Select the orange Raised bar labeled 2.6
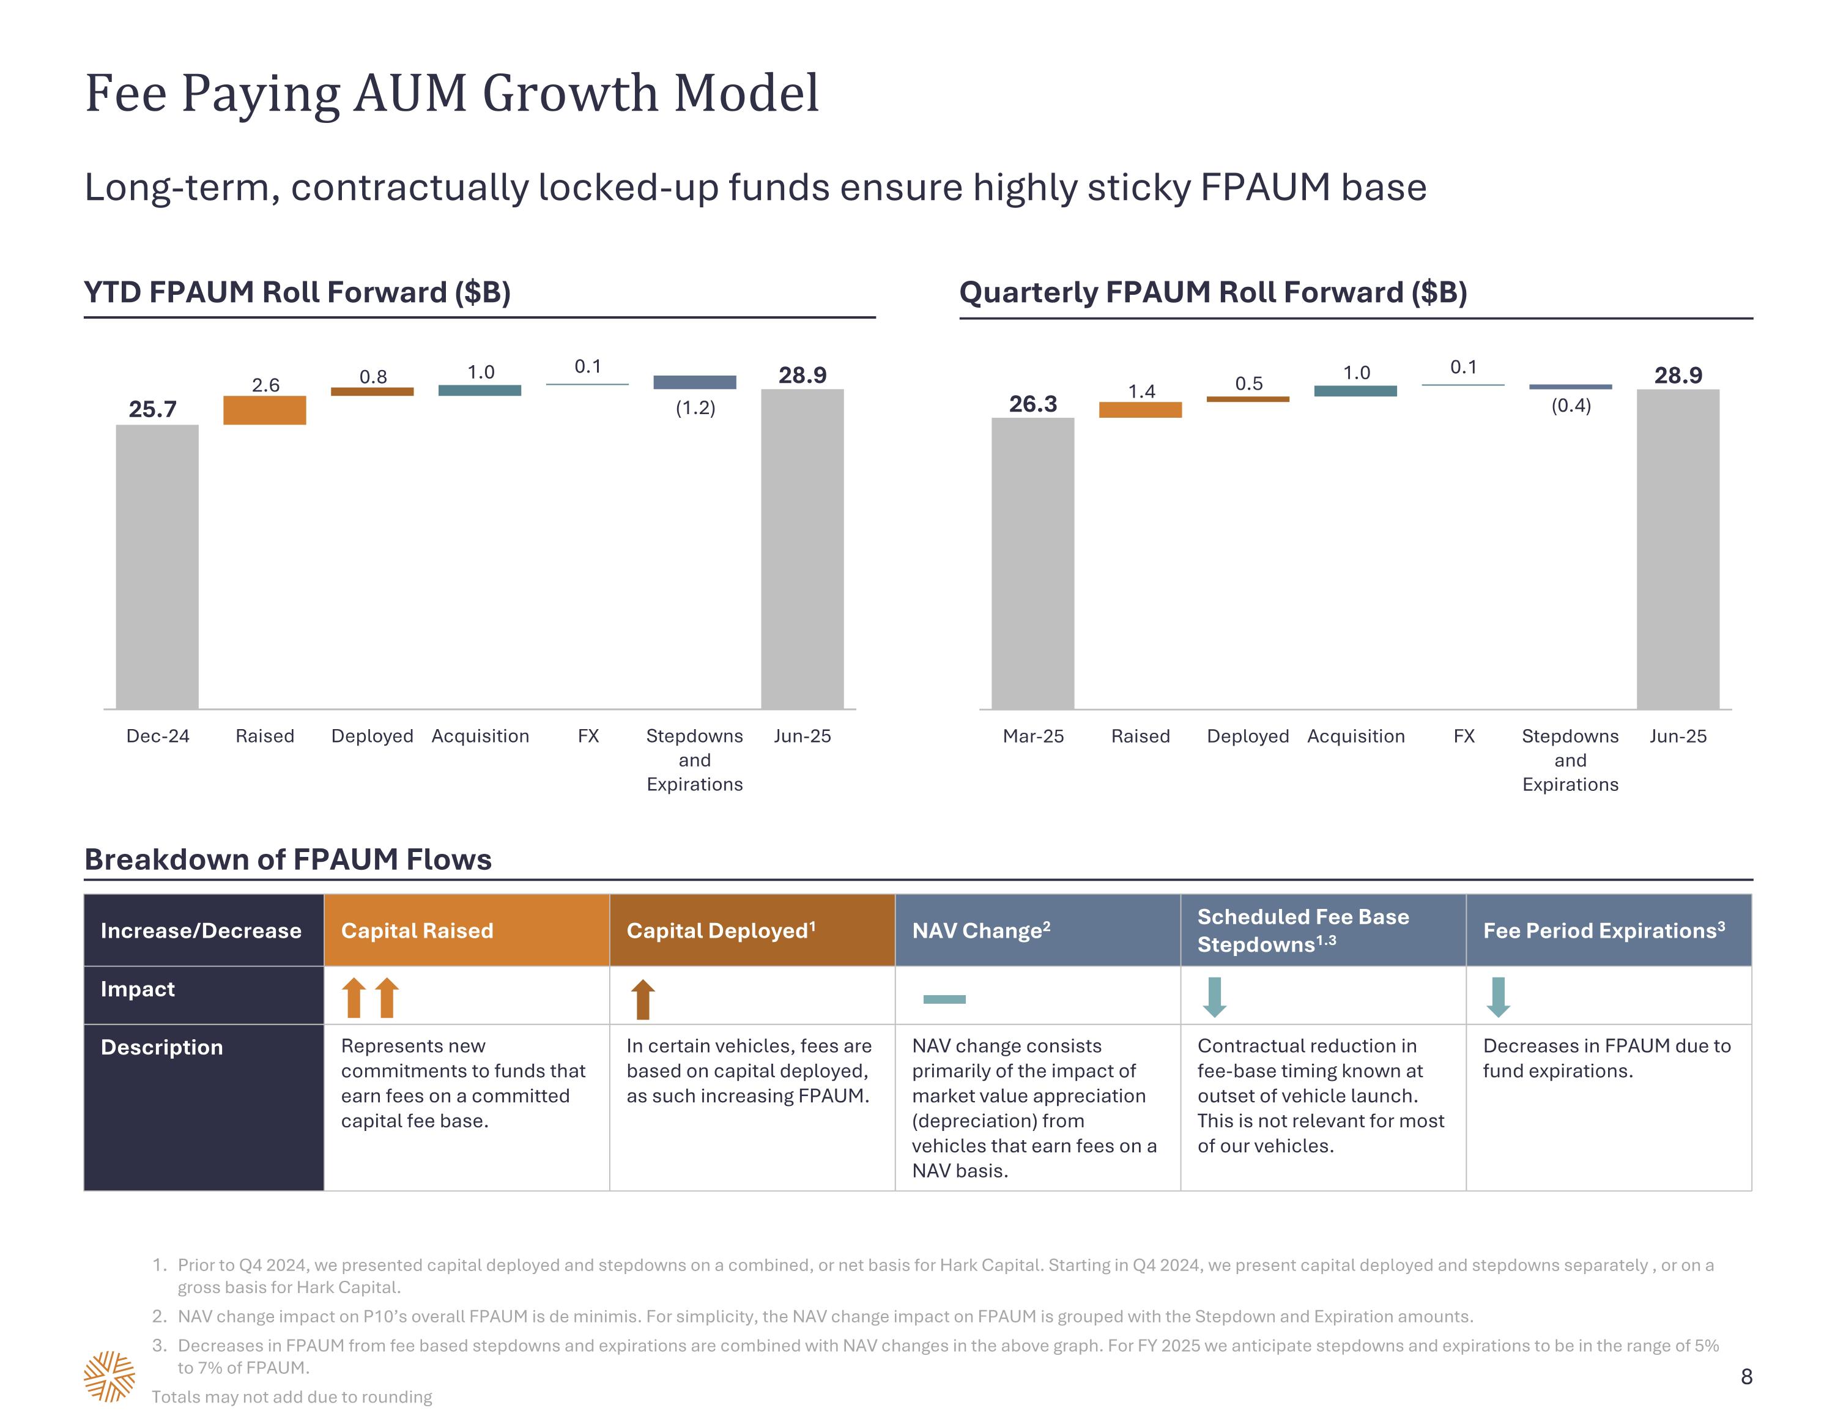coord(265,410)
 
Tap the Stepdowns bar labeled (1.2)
coord(695,382)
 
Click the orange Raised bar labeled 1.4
coord(1140,409)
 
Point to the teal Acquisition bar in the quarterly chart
coord(1355,391)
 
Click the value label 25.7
coord(152,409)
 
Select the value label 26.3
coord(1032,404)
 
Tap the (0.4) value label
coord(1570,406)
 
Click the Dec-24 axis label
coord(157,736)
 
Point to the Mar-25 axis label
coord(1032,736)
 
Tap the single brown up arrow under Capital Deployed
coord(643,998)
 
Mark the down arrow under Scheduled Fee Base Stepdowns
coord(1214,996)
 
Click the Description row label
coord(162,1047)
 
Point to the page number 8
coord(1746,1376)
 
